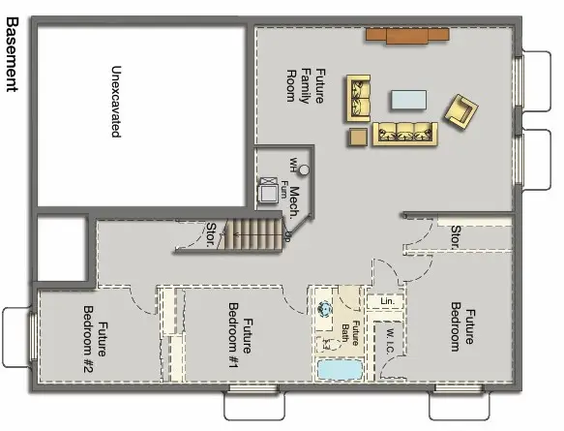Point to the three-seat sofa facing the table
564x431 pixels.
405,133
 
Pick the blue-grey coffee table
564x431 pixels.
408,99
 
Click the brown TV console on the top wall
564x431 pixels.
406,36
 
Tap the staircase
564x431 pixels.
253,235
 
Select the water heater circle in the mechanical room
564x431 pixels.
303,170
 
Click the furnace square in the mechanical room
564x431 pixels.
267,192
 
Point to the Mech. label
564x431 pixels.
294,200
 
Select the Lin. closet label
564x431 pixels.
386,302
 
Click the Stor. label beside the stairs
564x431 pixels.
210,233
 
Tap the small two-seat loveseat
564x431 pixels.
360,98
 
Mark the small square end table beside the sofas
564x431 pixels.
359,137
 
